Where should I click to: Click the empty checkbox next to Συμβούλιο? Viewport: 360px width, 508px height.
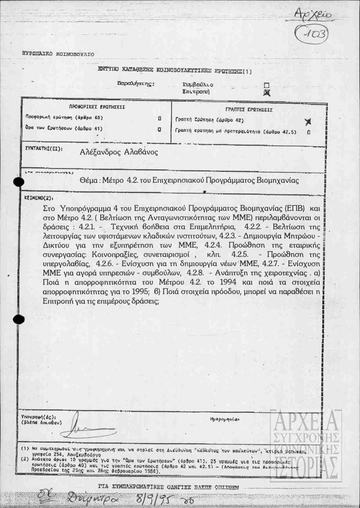click(267, 85)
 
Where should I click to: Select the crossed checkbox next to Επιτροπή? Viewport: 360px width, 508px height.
click(267, 93)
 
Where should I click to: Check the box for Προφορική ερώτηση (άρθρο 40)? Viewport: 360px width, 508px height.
click(159, 118)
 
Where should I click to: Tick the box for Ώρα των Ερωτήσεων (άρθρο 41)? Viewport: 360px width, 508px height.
click(159, 129)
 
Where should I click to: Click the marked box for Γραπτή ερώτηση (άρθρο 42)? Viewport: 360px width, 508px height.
click(308, 122)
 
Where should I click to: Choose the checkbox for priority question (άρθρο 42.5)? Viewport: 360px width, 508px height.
click(309, 132)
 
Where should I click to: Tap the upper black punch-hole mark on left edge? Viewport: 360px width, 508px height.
click(19, 182)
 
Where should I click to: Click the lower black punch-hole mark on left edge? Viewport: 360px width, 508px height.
click(19, 319)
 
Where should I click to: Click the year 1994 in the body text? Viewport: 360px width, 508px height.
click(228, 282)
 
